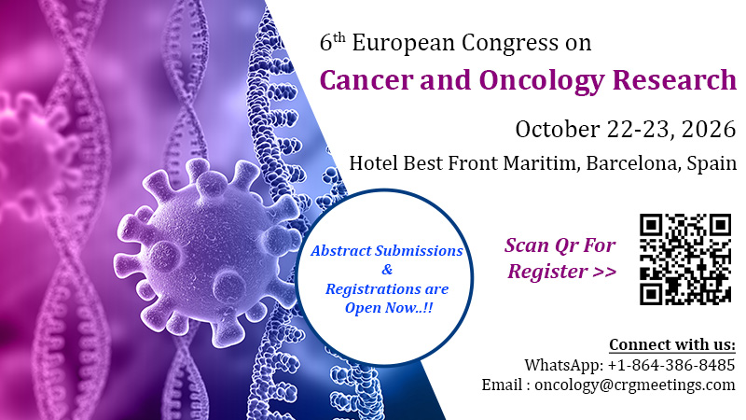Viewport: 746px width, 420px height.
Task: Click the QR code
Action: tap(685, 259)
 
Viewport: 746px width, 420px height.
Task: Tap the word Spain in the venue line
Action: tap(711, 163)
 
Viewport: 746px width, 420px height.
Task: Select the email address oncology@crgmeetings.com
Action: tap(635, 385)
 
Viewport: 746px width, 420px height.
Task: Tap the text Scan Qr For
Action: tap(559, 245)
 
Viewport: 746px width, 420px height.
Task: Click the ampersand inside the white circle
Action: tap(387, 270)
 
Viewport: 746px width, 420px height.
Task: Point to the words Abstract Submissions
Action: tap(387, 250)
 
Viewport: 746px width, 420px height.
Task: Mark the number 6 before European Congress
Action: tap(325, 44)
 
